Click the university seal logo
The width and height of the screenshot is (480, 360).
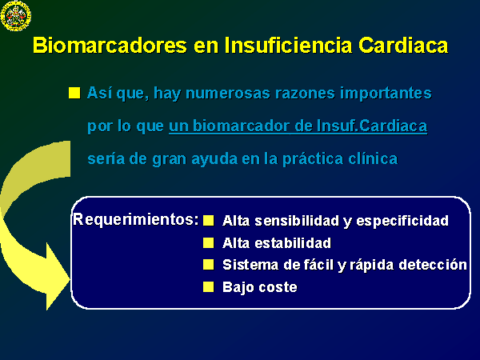pos(16,16)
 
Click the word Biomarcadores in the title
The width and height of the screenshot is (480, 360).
pos(110,46)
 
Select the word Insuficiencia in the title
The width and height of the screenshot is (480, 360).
pos(288,46)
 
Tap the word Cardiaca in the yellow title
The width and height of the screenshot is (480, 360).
pos(403,46)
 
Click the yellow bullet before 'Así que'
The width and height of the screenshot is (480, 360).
pos(74,93)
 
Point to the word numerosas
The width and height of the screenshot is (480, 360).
pos(228,93)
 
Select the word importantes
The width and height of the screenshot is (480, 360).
pos(386,94)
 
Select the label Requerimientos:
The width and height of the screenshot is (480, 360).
pos(136,219)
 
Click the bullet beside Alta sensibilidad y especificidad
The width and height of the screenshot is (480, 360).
pos(209,221)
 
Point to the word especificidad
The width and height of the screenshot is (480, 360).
pos(402,221)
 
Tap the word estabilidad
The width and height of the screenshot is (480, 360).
pos(293,243)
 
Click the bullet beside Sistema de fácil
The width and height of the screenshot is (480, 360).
pos(209,265)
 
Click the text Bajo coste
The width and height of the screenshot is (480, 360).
pos(260,287)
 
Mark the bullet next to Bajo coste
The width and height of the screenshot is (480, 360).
pos(209,287)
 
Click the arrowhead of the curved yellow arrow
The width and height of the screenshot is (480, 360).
pos(57,277)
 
